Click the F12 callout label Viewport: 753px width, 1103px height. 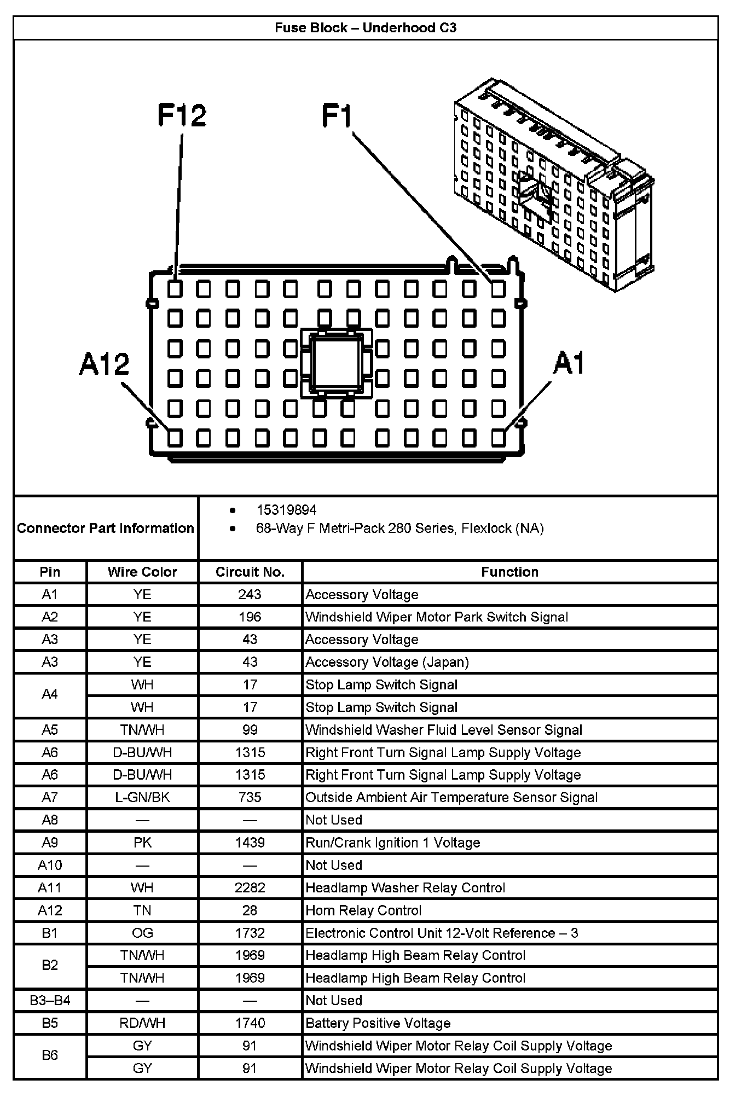click(182, 115)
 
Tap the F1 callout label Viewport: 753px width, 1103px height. click(337, 116)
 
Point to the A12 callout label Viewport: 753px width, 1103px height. click(105, 364)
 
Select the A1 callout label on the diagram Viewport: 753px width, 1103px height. click(569, 363)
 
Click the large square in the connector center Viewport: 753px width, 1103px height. click(336, 363)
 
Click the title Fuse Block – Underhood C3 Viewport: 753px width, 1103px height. click(366, 28)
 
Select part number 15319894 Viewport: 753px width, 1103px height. click(286, 510)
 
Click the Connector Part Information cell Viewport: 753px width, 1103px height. click(106, 528)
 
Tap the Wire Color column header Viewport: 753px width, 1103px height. click(142, 572)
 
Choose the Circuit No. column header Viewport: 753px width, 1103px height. click(250, 572)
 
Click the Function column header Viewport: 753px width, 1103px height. click(509, 572)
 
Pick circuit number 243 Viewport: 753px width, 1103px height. click(250, 595)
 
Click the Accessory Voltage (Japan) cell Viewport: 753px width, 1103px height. click(387, 662)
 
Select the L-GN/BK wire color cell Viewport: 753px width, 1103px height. click(142, 798)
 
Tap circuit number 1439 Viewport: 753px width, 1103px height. click(250, 843)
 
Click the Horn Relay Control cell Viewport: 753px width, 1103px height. click(363, 910)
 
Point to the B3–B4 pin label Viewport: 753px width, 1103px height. click(50, 1001)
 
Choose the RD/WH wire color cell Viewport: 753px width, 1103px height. click(142, 1023)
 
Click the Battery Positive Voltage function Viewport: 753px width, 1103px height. click(378, 1023)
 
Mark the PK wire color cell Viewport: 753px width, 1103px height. click(142, 843)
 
